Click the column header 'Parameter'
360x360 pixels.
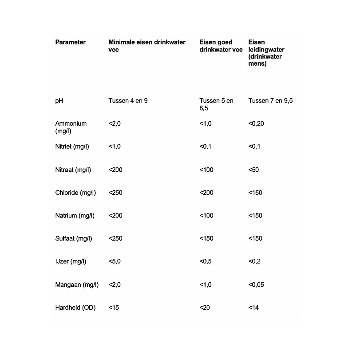click(70, 42)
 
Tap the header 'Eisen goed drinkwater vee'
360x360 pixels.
click(221, 46)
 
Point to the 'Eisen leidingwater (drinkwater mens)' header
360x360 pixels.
click(266, 53)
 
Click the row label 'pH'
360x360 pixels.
click(59, 101)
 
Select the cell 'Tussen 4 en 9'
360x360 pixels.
click(128, 101)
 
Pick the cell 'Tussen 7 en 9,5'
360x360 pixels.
click(270, 101)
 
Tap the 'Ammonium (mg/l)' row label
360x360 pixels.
click(71, 127)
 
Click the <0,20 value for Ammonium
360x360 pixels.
click(256, 123)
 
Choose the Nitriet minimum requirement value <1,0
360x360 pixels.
click(115, 146)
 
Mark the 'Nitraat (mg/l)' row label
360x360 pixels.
click(73, 170)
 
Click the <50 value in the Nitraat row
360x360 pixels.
click(253, 170)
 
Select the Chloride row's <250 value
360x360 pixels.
click(115, 193)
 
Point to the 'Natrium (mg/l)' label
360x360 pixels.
click(74, 216)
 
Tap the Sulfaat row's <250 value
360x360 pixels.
click(115, 238)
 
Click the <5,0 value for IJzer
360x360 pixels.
click(115, 261)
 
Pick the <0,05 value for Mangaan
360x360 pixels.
click(256, 285)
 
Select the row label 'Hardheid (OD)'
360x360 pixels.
click(75, 307)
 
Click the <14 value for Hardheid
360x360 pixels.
click(253, 307)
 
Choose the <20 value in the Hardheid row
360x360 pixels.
click(205, 307)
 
